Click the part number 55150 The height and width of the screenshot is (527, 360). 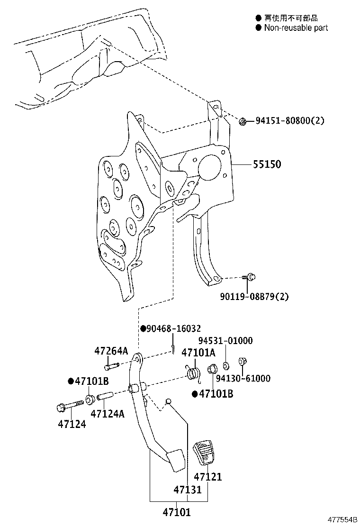point(267,164)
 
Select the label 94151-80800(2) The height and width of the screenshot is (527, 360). point(290,121)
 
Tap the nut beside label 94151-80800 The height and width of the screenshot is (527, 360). point(243,122)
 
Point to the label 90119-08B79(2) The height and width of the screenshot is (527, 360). point(254,297)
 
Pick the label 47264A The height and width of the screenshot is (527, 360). point(111,351)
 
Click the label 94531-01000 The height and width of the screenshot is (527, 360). point(225,340)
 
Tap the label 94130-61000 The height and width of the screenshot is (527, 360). point(243,378)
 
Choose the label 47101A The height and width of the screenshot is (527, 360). point(198,353)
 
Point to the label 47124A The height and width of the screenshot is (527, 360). point(108,414)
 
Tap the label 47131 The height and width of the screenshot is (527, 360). point(187,490)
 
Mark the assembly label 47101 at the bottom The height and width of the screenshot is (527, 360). point(177,512)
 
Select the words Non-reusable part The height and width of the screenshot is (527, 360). point(296,27)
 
